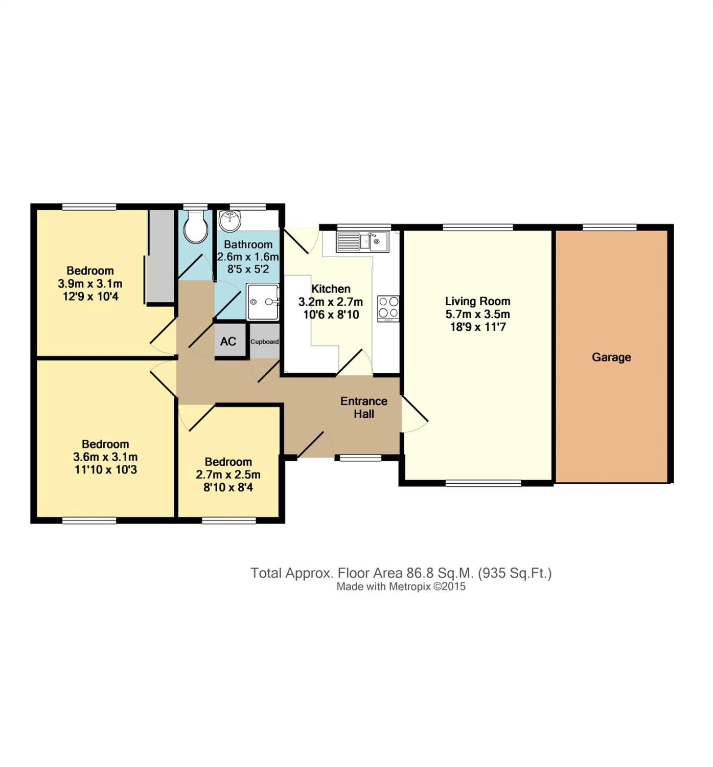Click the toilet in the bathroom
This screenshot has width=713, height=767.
tap(196, 226)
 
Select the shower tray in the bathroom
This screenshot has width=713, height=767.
tap(263, 302)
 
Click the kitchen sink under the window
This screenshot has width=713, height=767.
tap(362, 242)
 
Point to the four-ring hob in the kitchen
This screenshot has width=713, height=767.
tap(388, 308)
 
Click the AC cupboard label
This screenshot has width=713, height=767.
tap(228, 342)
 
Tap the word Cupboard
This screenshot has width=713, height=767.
tap(264, 342)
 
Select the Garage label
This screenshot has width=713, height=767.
tap(611, 357)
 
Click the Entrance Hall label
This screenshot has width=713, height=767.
tap(363, 408)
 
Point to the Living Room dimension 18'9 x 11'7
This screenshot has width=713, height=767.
tap(477, 327)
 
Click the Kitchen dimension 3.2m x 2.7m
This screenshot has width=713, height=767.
tap(331, 302)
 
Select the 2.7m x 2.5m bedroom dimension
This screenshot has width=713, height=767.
tap(228, 474)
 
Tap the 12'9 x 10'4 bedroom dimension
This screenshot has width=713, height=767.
tap(90, 297)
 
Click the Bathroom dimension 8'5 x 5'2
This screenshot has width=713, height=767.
tap(248, 269)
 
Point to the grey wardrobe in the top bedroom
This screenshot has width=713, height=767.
tap(162, 257)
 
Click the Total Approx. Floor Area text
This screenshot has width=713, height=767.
tap(401, 573)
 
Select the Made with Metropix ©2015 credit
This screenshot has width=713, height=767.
tap(401, 586)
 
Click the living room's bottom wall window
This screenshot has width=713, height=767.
tap(483, 483)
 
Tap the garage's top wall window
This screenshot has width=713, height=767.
tap(610, 227)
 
